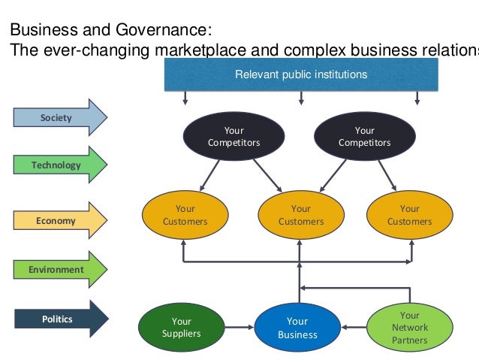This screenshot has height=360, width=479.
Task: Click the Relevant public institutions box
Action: [x=301, y=74]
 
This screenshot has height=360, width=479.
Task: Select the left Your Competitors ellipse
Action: [x=233, y=137]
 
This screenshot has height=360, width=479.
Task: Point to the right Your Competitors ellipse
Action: [x=364, y=137]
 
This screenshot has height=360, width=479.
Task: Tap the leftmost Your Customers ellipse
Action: [x=185, y=215]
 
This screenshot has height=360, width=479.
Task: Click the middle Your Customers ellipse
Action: [x=300, y=215]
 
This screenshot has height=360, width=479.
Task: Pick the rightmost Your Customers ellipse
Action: [x=409, y=215]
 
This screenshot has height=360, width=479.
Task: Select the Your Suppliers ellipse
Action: [x=181, y=328]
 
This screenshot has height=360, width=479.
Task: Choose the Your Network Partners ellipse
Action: [x=409, y=328]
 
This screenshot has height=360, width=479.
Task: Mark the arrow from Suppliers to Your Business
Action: [x=238, y=328]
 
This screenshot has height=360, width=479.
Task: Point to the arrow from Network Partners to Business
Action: [x=354, y=328]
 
